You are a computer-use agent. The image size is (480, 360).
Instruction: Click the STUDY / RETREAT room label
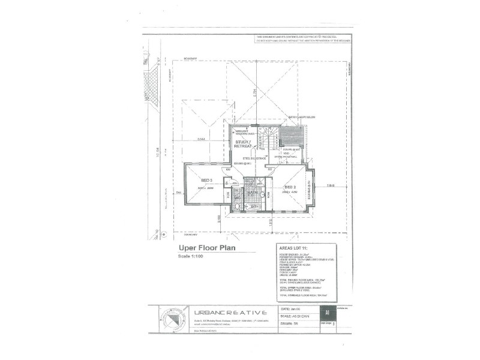[x=242, y=144]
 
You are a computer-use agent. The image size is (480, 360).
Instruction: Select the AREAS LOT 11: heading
[x=293, y=247]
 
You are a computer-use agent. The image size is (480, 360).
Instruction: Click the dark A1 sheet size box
[x=327, y=313]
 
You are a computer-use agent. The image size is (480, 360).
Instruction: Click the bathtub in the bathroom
[x=253, y=206]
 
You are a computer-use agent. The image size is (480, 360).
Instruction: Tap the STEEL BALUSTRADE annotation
[x=246, y=158]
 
